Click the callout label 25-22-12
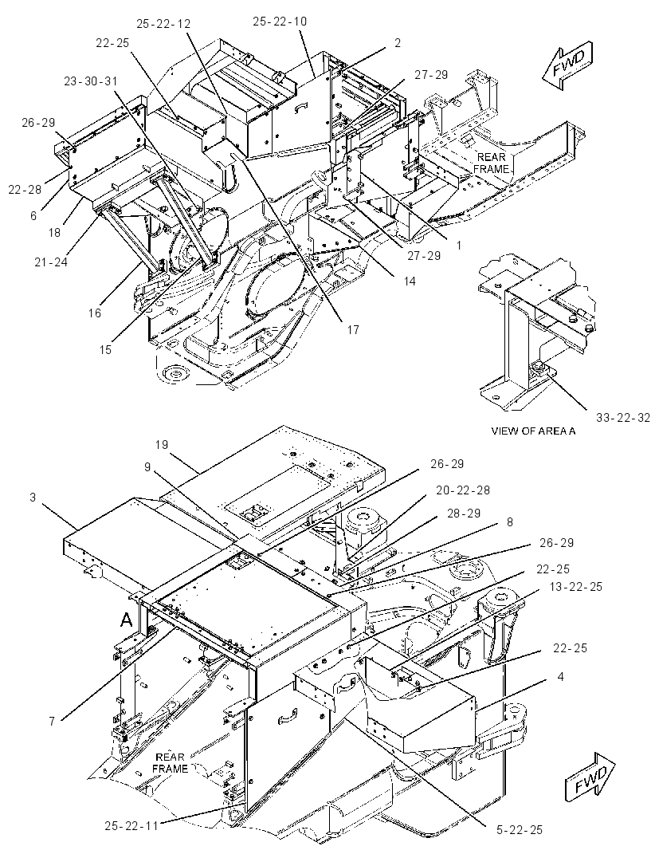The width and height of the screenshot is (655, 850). coord(163,24)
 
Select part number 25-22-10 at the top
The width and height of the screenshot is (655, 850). coord(280,22)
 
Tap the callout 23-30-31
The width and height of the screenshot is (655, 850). coord(91,81)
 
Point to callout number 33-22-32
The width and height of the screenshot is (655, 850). coord(623,417)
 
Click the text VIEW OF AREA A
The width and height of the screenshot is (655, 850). coord(533,431)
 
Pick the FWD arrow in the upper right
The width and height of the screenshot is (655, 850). coord(567,65)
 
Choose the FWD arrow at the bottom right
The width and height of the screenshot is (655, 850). coord(590,776)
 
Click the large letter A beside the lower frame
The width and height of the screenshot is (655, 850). coord(126,620)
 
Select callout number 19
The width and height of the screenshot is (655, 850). coord(162,444)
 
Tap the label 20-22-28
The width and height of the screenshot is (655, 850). coord(463,490)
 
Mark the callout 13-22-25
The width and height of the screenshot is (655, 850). coord(575,587)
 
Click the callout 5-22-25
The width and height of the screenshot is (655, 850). coord(519,829)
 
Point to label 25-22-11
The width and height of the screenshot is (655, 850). coord(131,826)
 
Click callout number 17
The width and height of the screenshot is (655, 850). coord(353,329)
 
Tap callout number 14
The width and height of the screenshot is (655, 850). coord(410,281)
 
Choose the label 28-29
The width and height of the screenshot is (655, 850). coord(465,513)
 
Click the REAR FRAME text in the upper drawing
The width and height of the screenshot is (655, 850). coord(492,163)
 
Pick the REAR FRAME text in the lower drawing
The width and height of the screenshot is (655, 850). coord(171,763)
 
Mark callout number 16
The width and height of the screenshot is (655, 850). coord(95,313)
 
